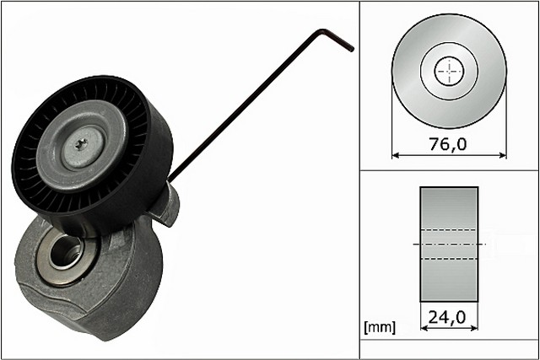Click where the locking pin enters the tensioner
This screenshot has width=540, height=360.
coord(171,178)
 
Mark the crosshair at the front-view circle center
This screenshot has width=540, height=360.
coord(450,71)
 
